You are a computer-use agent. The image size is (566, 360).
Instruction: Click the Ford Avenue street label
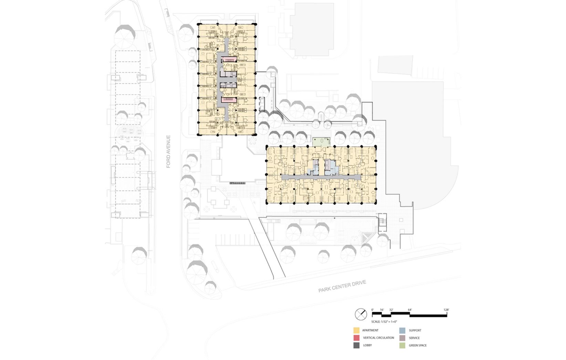tap(168, 151)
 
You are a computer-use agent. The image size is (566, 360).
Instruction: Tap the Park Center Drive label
tap(342, 286)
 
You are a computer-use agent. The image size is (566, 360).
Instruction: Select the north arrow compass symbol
tap(361, 314)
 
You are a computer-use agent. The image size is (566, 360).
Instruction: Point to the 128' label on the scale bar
tap(446, 310)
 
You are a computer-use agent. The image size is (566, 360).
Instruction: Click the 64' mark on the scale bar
tap(410, 310)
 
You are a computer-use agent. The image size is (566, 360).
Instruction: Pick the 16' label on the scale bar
tap(382, 310)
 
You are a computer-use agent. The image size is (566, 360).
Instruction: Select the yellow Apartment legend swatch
tap(356, 330)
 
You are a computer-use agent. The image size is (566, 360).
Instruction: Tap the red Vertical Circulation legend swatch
tap(356, 338)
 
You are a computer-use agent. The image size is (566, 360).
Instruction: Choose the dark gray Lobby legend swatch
tap(356, 345)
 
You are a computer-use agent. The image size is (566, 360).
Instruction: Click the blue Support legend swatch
tap(402, 330)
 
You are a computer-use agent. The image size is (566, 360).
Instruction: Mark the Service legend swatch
tap(402, 338)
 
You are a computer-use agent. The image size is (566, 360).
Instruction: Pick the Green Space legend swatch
tap(402, 345)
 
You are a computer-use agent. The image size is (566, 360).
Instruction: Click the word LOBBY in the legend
tap(367, 345)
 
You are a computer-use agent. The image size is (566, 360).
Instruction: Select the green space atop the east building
tap(322, 142)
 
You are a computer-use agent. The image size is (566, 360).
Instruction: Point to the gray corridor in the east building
tap(321, 177)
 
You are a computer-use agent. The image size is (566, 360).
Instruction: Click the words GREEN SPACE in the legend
tap(418, 345)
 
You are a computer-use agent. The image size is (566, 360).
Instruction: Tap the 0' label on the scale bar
tap(373, 310)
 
